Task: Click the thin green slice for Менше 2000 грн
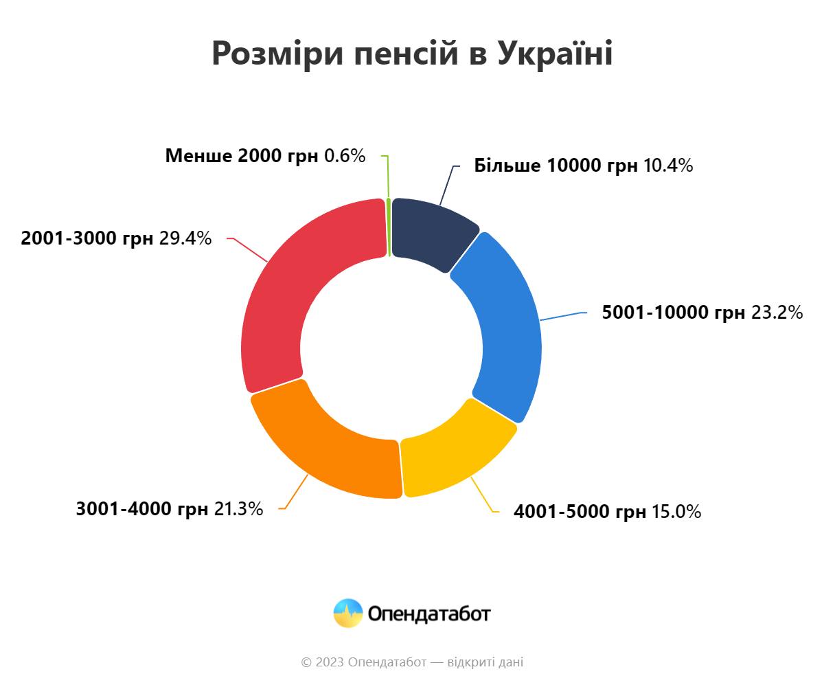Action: point(389,227)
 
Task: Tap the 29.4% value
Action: point(185,238)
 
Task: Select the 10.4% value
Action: point(668,166)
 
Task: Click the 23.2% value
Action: point(777,313)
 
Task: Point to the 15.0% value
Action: point(676,512)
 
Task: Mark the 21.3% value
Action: point(238,509)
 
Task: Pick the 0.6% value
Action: point(345,156)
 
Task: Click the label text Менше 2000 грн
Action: point(242,156)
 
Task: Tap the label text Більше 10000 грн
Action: point(556,166)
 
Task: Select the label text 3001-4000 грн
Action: point(142,509)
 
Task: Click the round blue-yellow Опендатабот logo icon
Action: point(348,613)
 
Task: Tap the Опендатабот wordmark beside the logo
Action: point(429,613)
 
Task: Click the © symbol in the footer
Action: point(306,662)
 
